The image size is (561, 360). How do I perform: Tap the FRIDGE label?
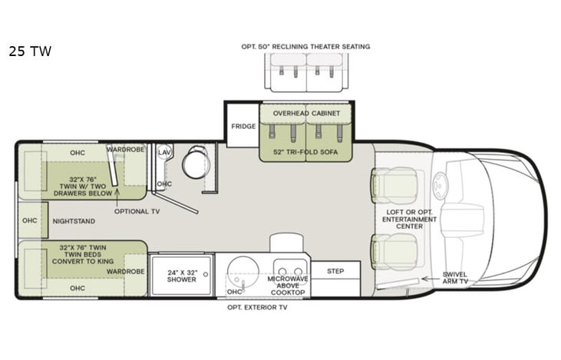tap(243, 127)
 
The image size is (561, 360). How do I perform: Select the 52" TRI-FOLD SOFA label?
tap(305, 152)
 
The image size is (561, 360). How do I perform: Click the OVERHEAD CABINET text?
tap(306, 113)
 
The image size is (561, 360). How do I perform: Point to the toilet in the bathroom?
tap(193, 165)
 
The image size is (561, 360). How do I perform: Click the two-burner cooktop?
tap(290, 271)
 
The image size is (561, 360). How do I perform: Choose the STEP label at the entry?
tap(335, 271)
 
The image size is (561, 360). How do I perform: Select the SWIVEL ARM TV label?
tap(454, 278)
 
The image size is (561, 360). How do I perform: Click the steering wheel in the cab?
tap(441, 185)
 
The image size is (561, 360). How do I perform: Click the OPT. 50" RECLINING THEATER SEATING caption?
tap(305, 47)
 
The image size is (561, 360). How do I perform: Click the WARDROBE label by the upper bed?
tap(125, 150)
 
